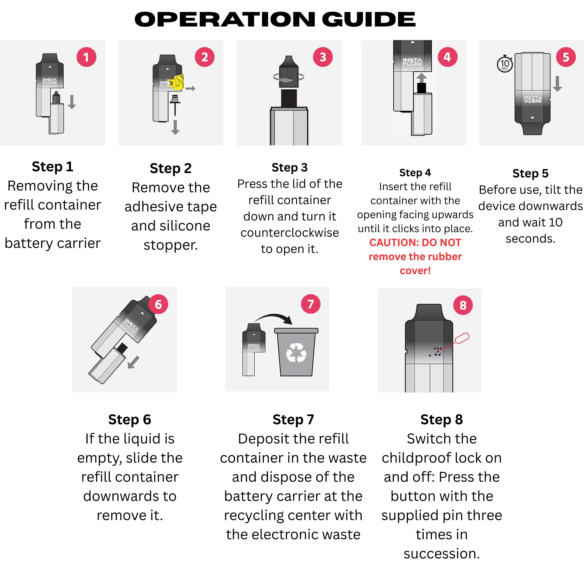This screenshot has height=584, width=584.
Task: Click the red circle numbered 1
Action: (x=86, y=57)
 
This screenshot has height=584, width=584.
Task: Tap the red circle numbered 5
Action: (x=566, y=57)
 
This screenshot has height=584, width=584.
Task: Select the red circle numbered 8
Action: (x=463, y=305)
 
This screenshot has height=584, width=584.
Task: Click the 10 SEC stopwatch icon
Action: (x=505, y=64)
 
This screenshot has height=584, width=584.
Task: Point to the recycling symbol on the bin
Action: (x=296, y=352)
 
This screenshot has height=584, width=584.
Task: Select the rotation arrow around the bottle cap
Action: (x=289, y=78)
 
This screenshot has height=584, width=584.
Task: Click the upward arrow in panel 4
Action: (x=421, y=78)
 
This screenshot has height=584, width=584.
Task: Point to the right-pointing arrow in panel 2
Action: (x=190, y=88)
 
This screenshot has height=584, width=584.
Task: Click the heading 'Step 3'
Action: (x=289, y=167)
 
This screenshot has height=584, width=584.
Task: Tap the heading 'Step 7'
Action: (x=293, y=419)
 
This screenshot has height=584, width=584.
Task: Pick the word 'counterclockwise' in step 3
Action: (x=289, y=232)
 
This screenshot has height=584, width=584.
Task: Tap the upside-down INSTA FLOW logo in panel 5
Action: (x=532, y=99)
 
